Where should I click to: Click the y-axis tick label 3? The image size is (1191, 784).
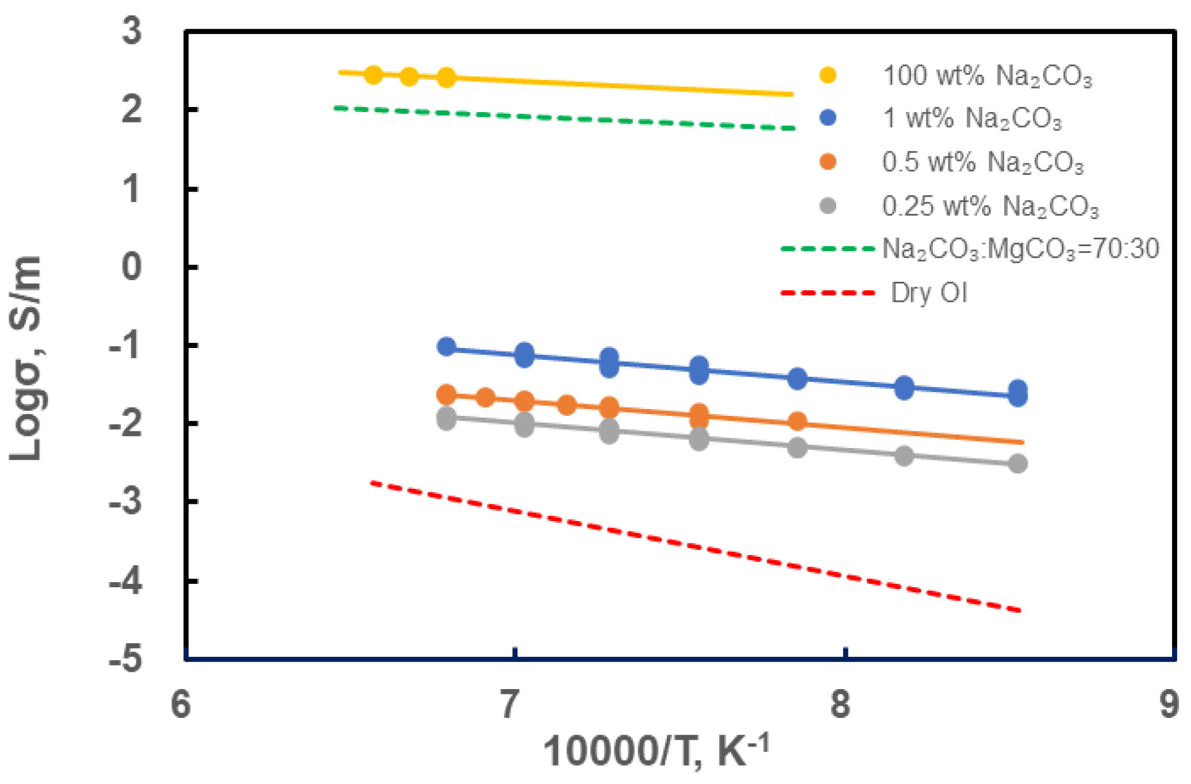click(132, 30)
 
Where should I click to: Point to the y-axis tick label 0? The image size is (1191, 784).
click(132, 267)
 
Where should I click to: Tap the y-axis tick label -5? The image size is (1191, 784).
click(126, 659)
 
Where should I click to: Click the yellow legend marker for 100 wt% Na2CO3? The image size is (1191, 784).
click(828, 75)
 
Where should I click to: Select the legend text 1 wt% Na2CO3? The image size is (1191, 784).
click(972, 119)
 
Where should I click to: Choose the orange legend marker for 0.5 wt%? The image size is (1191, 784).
click(828, 162)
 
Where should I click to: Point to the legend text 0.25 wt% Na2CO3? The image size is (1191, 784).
click(990, 206)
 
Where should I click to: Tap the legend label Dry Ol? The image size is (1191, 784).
click(929, 293)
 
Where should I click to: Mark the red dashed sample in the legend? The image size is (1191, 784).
click(828, 293)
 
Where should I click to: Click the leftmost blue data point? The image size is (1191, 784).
click(447, 346)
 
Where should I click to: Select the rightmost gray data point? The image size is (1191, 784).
click(1018, 464)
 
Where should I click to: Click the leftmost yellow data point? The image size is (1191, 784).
click(374, 75)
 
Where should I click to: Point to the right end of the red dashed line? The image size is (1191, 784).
click(1019, 611)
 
